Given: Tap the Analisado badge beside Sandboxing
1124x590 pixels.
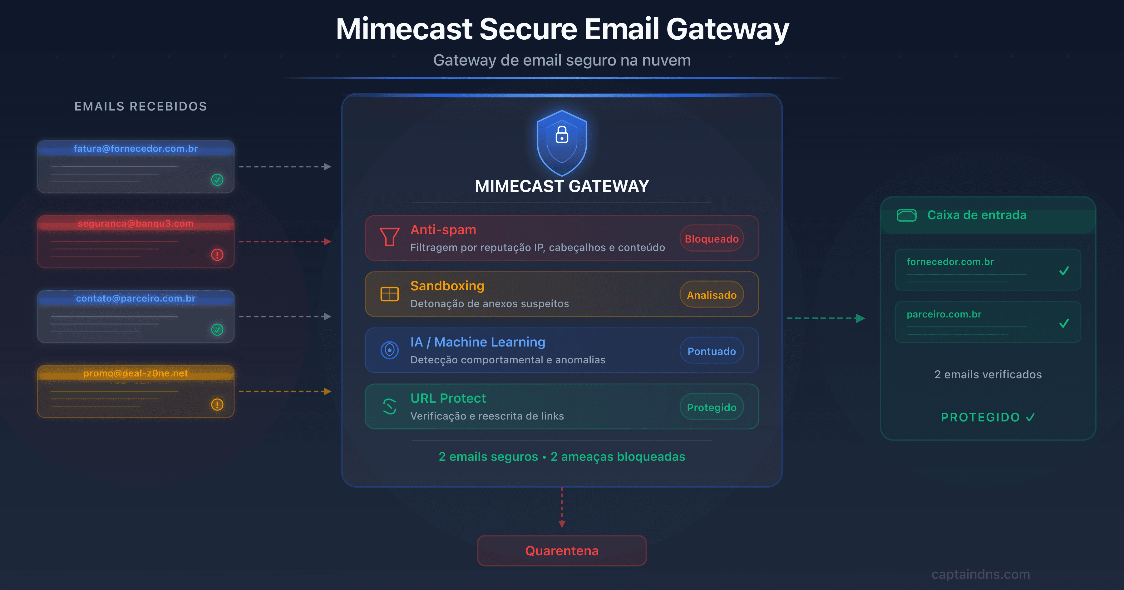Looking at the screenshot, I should [x=712, y=295].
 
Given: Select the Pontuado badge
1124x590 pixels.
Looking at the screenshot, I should [x=712, y=351].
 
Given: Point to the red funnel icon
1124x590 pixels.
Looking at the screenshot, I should [x=389, y=237].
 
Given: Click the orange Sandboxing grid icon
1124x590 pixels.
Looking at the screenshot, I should [x=389, y=294].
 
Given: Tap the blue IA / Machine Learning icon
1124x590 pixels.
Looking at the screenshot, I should [x=389, y=350].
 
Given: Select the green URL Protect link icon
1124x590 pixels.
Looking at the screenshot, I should [x=389, y=406].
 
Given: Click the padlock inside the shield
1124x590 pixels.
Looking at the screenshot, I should [x=562, y=135].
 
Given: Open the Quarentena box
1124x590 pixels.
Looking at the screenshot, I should [x=562, y=551].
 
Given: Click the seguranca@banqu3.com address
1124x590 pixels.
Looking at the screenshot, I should [x=136, y=224].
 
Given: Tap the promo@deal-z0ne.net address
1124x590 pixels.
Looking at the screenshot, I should [x=136, y=374].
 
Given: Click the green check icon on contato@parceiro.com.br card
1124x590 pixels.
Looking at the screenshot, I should [x=217, y=329].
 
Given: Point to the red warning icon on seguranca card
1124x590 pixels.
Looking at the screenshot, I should [x=217, y=254].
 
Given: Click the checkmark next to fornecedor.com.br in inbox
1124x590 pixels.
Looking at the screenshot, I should [x=1064, y=271].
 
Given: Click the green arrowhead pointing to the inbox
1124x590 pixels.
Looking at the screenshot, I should [x=860, y=318].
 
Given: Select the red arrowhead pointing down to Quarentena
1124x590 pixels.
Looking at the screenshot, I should [x=562, y=524].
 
